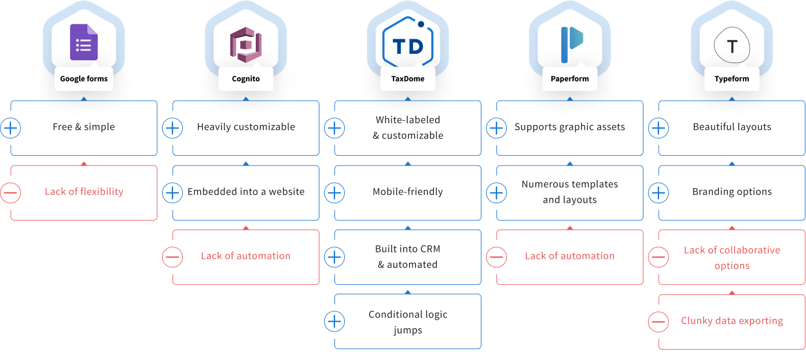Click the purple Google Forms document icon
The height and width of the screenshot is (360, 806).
[x=84, y=42]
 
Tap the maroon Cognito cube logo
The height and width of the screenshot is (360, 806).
[x=246, y=45]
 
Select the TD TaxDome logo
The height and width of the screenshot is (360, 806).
[x=408, y=42]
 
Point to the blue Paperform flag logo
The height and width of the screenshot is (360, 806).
[x=572, y=45]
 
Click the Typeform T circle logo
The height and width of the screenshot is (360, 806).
[x=732, y=45]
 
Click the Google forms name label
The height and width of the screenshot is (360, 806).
[x=84, y=79]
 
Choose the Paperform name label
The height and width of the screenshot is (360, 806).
[x=569, y=79]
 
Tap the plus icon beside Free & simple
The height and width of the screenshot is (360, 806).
[x=10, y=128]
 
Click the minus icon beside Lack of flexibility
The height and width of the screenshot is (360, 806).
[x=10, y=193]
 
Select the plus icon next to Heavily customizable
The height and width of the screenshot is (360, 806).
[x=172, y=128]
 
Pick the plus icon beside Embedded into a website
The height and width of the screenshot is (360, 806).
[x=172, y=193]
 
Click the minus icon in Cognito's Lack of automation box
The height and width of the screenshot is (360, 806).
[x=172, y=257]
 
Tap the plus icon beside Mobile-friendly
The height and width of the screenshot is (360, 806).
[x=334, y=193]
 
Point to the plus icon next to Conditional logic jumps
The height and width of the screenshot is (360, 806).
[x=334, y=321]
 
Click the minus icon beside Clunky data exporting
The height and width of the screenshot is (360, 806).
[x=658, y=321]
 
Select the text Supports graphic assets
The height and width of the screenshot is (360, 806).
[x=569, y=127]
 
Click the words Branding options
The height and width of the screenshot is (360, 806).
[x=732, y=192]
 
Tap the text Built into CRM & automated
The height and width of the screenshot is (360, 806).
[x=408, y=256]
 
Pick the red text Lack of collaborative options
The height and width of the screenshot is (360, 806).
[x=732, y=258]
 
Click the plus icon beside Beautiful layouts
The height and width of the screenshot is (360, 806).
[x=658, y=128]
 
